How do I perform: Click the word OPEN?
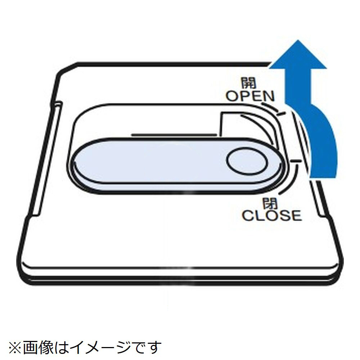(x=249, y=96)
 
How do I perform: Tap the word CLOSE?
(x=271, y=215)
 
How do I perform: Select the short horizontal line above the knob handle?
(x=175, y=135)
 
